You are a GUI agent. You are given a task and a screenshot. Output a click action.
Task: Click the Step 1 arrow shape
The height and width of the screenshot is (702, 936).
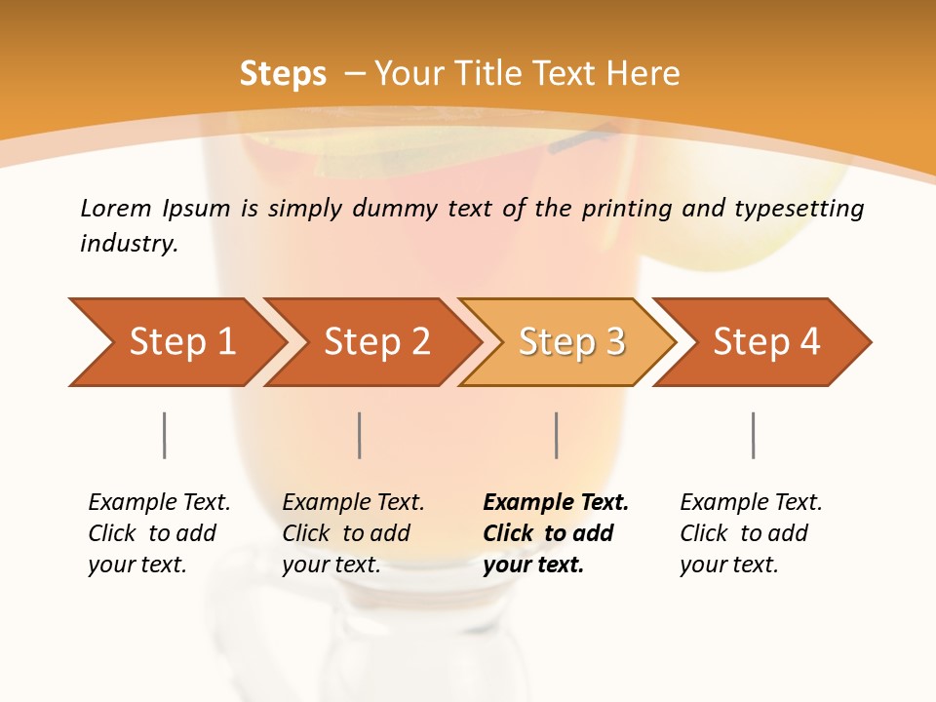(175, 342)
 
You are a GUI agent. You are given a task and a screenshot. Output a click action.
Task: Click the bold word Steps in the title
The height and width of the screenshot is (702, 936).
(283, 74)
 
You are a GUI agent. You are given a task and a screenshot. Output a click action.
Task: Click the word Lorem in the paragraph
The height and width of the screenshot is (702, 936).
(115, 208)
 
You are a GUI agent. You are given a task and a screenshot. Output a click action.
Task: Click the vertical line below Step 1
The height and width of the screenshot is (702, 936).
(165, 435)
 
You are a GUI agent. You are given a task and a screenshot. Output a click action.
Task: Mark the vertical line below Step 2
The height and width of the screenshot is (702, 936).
(360, 435)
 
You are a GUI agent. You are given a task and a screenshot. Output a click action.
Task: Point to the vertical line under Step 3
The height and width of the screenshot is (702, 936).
(557, 435)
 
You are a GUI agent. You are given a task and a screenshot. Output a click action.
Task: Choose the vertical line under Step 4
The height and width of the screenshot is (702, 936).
(754, 435)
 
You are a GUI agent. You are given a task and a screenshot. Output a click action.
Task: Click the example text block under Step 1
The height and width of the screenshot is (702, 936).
(158, 533)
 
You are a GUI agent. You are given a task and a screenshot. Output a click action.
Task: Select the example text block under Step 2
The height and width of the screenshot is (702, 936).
(352, 533)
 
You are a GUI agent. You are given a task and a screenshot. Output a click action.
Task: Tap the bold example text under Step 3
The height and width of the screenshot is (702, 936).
(555, 533)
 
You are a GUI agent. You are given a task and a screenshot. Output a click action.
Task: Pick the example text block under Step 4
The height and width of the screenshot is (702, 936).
(750, 533)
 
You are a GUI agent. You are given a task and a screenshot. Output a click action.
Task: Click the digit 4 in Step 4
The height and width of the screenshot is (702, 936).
(809, 342)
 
